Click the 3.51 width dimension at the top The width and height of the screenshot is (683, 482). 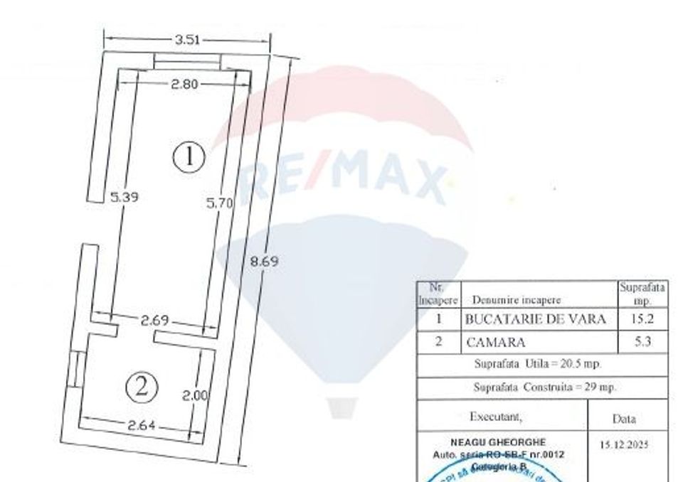186,40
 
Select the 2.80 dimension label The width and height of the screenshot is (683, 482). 184,85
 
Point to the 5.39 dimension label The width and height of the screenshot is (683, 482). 124,197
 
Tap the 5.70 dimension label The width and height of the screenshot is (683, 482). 219,203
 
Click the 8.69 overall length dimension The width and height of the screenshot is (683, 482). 263,261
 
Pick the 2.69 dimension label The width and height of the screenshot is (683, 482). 154,321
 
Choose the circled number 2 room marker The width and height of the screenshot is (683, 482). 141,387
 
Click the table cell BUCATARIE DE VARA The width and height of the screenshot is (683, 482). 535,320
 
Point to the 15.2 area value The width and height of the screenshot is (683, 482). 642,320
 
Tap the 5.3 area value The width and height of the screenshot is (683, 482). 642,342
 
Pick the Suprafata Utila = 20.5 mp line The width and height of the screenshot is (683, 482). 538,364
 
